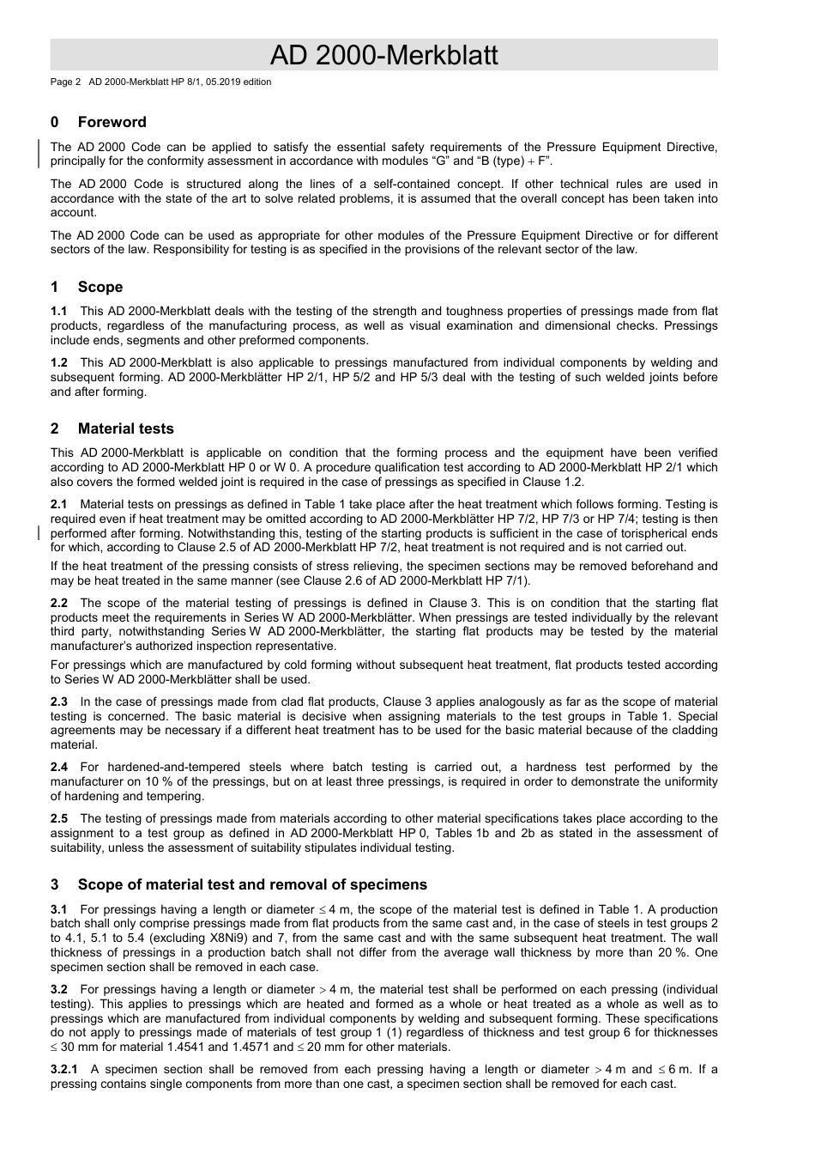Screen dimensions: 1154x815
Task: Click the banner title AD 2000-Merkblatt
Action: coord(383,56)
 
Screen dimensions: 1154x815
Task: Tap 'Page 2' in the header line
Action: coord(65,82)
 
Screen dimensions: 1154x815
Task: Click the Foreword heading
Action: coord(112,122)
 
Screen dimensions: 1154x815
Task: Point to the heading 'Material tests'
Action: coord(125,428)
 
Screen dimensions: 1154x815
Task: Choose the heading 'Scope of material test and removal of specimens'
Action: coord(251,884)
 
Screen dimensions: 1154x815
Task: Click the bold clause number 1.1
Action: coord(58,312)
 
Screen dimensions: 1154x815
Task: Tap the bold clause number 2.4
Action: coord(58,768)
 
